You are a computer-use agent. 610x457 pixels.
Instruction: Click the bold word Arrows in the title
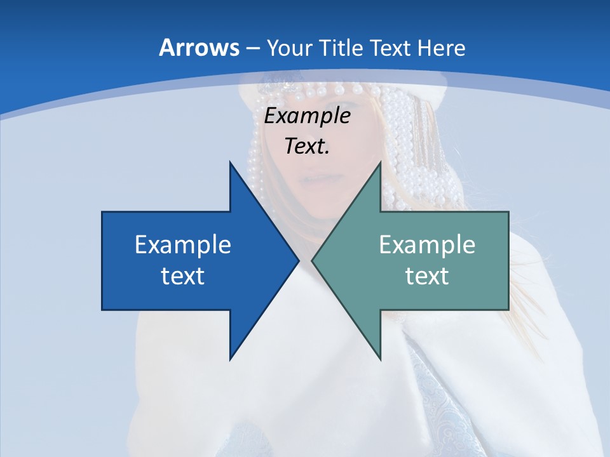click(x=199, y=48)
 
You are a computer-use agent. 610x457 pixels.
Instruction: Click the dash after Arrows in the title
click(x=252, y=49)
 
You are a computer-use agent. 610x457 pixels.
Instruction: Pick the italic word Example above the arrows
click(x=308, y=116)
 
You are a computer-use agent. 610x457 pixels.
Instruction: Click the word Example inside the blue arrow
click(x=183, y=244)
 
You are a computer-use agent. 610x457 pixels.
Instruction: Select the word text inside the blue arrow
click(x=183, y=275)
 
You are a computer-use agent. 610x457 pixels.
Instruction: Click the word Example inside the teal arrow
click(x=427, y=244)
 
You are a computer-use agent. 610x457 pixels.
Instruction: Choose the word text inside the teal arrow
click(x=427, y=275)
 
